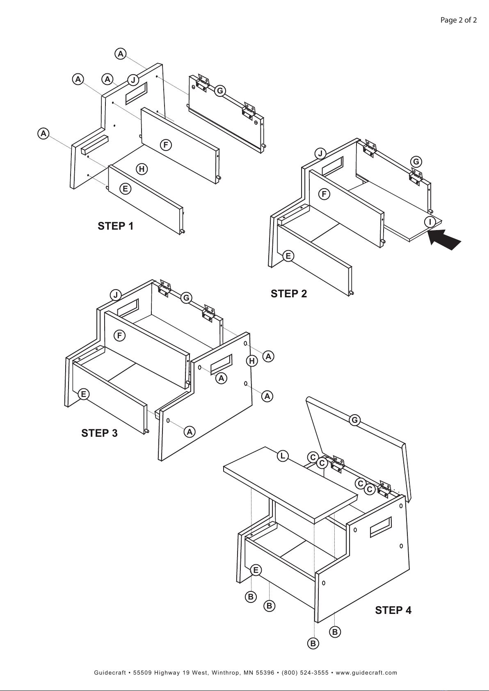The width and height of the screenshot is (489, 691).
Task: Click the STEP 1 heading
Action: [116, 226]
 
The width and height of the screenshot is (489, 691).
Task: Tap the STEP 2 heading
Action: [289, 294]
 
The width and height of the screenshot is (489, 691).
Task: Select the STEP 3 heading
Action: [99, 433]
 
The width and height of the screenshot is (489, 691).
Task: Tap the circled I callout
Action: [430, 222]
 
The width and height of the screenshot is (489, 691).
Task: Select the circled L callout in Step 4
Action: [283, 456]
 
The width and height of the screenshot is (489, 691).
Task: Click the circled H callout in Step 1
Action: [142, 169]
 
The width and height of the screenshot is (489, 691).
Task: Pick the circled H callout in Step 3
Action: [252, 361]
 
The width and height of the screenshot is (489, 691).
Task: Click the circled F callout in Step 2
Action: [324, 194]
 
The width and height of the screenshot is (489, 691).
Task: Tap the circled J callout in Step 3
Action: [116, 295]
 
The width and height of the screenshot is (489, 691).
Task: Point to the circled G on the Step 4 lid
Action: [355, 420]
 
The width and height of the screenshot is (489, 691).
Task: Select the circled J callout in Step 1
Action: [133, 80]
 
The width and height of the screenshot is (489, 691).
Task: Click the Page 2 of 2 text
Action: [459, 20]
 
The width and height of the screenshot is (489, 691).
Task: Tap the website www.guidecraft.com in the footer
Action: [366, 673]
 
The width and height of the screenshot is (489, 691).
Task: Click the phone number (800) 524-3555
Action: [305, 673]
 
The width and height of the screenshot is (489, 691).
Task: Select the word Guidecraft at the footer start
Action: [110, 673]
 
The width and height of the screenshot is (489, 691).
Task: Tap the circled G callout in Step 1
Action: [220, 91]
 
